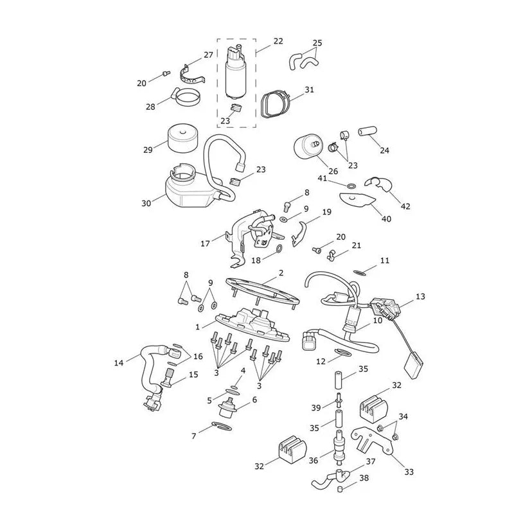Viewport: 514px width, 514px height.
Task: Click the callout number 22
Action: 278,41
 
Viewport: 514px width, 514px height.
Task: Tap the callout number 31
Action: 309,90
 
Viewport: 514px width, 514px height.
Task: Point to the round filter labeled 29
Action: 182,138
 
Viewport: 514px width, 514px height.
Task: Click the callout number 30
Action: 146,203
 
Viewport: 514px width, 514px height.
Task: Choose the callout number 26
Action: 333,171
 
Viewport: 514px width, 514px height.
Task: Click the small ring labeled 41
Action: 351,186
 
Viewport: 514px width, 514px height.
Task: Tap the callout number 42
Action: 405,206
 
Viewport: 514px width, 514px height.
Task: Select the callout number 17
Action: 205,244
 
